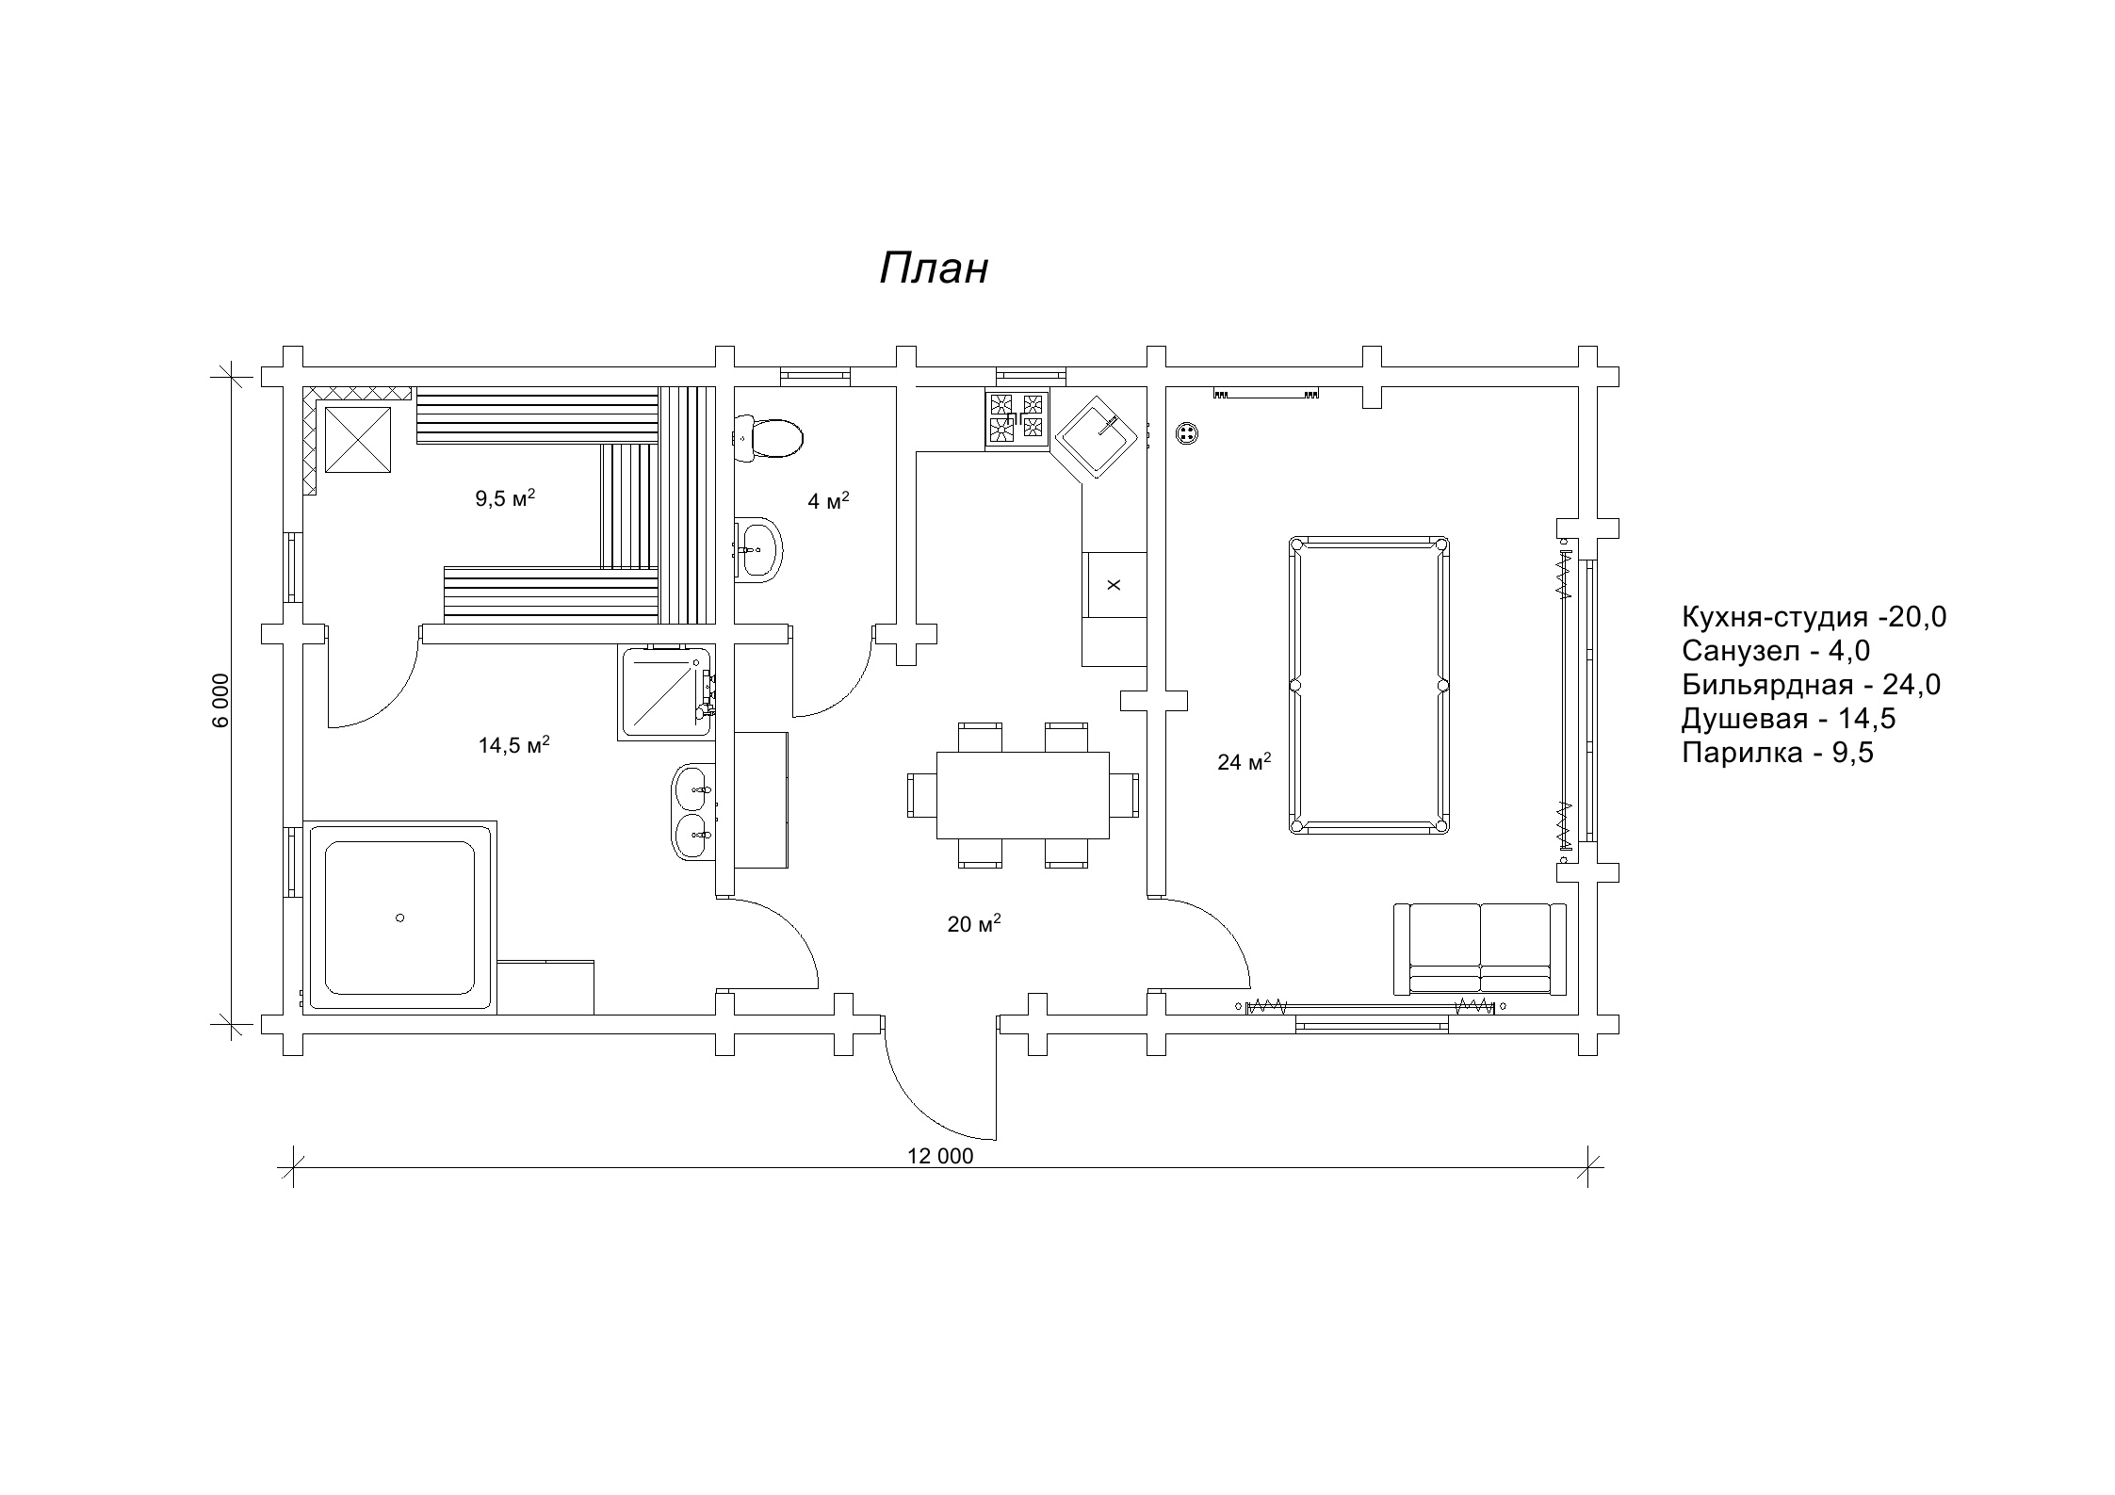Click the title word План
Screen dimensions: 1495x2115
pos(934,269)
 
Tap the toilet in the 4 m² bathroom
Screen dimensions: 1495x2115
pos(770,438)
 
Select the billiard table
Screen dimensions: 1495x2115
pos(1368,685)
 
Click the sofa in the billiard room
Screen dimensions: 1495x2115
pos(1480,949)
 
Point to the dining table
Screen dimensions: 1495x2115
pos(1022,794)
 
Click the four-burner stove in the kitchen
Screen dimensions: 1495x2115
pos(1017,418)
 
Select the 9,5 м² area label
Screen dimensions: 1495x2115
pos(505,498)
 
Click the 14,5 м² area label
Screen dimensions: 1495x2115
pos(513,745)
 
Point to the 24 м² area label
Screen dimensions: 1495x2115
pos(1244,761)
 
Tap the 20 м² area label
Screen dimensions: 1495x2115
pos(973,924)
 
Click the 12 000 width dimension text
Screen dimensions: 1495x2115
pos(940,1157)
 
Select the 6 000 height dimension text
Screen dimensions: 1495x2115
pos(220,700)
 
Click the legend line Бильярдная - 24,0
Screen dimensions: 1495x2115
pos(1811,685)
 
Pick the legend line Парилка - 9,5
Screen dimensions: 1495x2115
pos(1777,753)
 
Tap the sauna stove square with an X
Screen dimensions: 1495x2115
pos(357,438)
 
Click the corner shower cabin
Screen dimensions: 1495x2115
pos(665,691)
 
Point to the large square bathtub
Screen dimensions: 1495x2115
pos(399,918)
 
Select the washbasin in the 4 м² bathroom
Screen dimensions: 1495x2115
pos(760,547)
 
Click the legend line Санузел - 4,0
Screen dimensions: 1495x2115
pos(1775,651)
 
